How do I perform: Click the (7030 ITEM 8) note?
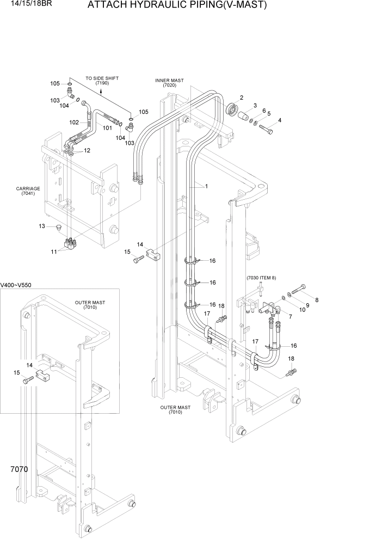click(261, 278)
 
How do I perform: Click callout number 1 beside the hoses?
click(206, 186)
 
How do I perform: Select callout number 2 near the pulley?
click(241, 97)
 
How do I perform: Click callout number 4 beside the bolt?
click(279, 120)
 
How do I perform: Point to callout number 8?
click(317, 299)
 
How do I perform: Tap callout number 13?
click(41, 226)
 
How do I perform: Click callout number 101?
click(107, 128)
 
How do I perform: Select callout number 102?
click(75, 122)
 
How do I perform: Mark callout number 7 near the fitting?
click(290, 316)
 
